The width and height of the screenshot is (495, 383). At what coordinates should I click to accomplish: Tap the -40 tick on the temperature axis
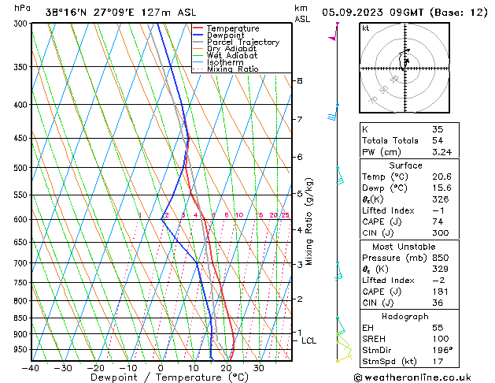point(31,368)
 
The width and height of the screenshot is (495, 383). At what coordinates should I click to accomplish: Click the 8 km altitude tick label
point(299,81)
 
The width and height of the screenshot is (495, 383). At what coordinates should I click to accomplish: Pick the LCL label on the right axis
point(308,340)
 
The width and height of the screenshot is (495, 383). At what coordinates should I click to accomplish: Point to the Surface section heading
point(405,165)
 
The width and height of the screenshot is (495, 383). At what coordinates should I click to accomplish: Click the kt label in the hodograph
point(366,28)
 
